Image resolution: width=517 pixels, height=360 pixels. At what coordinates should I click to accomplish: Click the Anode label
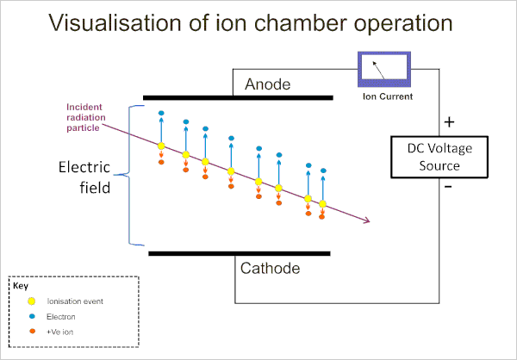click(268, 84)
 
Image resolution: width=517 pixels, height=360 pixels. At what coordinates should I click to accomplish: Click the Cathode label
click(271, 269)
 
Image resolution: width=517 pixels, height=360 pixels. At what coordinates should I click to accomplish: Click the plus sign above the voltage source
click(449, 122)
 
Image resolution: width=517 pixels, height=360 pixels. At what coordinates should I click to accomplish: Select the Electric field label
click(84, 177)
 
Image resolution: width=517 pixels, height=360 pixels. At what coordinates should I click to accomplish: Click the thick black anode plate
click(237, 98)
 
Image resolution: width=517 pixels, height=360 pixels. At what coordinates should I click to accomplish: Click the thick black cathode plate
click(239, 253)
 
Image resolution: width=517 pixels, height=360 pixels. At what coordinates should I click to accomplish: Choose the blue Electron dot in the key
click(31, 317)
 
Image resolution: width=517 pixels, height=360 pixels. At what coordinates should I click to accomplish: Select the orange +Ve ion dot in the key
click(31, 331)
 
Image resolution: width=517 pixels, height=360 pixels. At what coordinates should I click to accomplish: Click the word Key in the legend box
click(20, 285)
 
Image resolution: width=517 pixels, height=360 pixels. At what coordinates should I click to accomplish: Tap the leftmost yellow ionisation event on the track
click(160, 146)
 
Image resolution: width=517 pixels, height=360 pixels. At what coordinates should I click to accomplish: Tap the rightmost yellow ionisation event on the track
click(323, 204)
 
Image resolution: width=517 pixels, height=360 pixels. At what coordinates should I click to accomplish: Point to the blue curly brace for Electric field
click(130, 176)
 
